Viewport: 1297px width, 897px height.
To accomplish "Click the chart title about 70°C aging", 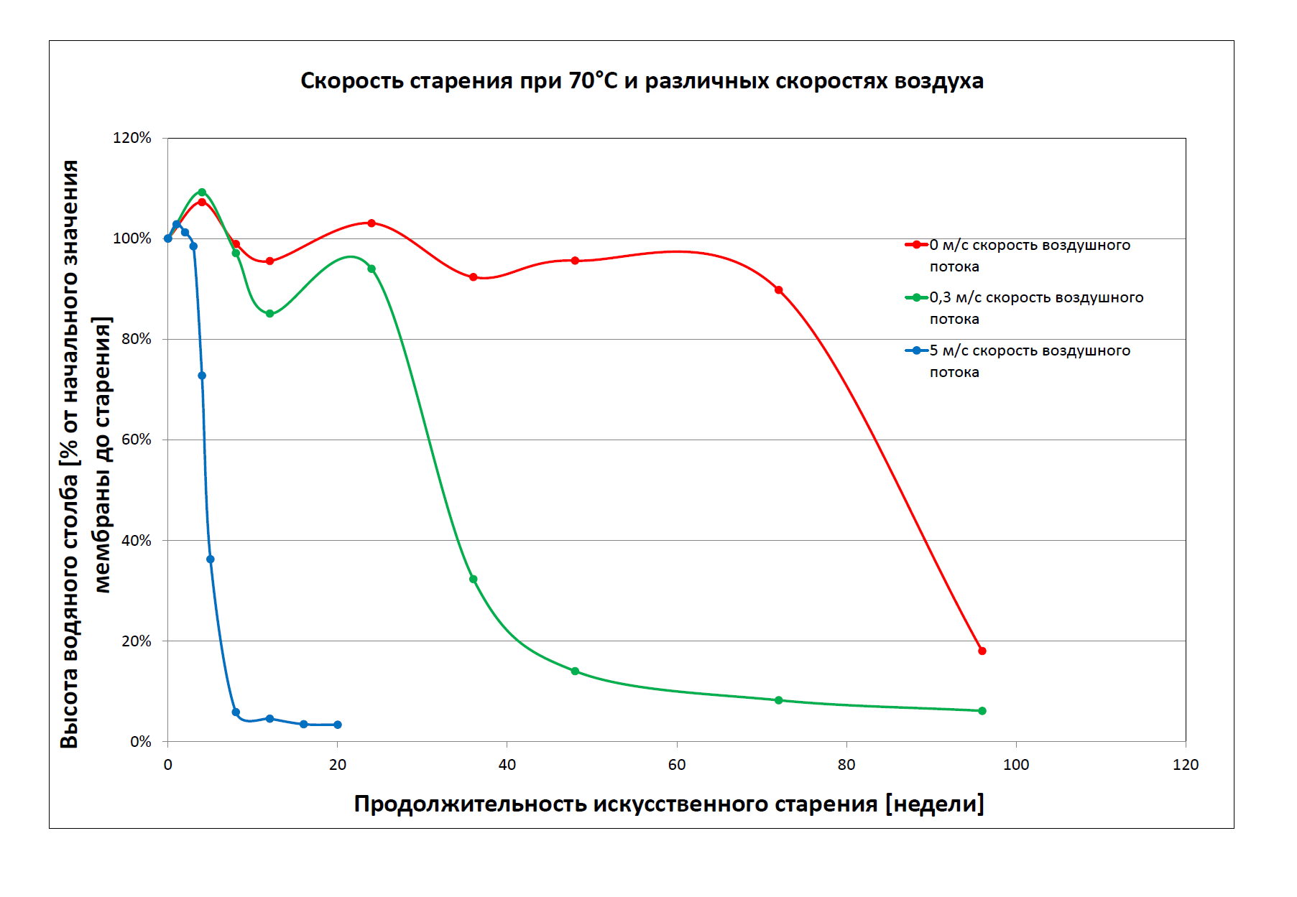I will point(642,81).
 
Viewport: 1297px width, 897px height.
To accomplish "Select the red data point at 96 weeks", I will point(982,651).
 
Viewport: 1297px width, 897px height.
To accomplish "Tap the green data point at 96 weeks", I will point(982,711).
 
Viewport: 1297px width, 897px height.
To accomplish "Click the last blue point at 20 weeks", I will point(338,725).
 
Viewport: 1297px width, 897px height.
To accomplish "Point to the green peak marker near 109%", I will point(202,192).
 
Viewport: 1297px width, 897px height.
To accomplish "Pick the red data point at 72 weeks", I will point(779,290).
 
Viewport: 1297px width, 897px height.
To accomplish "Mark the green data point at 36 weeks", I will point(474,580).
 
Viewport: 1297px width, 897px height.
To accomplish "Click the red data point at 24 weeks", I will point(371,223).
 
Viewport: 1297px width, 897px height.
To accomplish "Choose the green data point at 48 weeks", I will point(575,671).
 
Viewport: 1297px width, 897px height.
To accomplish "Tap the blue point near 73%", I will point(202,376).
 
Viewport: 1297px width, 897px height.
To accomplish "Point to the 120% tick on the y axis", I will point(132,138).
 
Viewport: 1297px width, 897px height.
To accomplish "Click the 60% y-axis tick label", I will point(136,440).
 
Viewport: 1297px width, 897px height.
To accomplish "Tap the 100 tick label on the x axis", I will point(1016,765).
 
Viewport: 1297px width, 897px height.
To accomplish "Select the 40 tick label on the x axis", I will point(507,765).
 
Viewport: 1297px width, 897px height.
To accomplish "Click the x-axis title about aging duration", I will point(669,804).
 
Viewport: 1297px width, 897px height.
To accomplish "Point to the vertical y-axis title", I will point(86,454).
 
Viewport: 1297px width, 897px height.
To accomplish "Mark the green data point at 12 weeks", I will point(269,314).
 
